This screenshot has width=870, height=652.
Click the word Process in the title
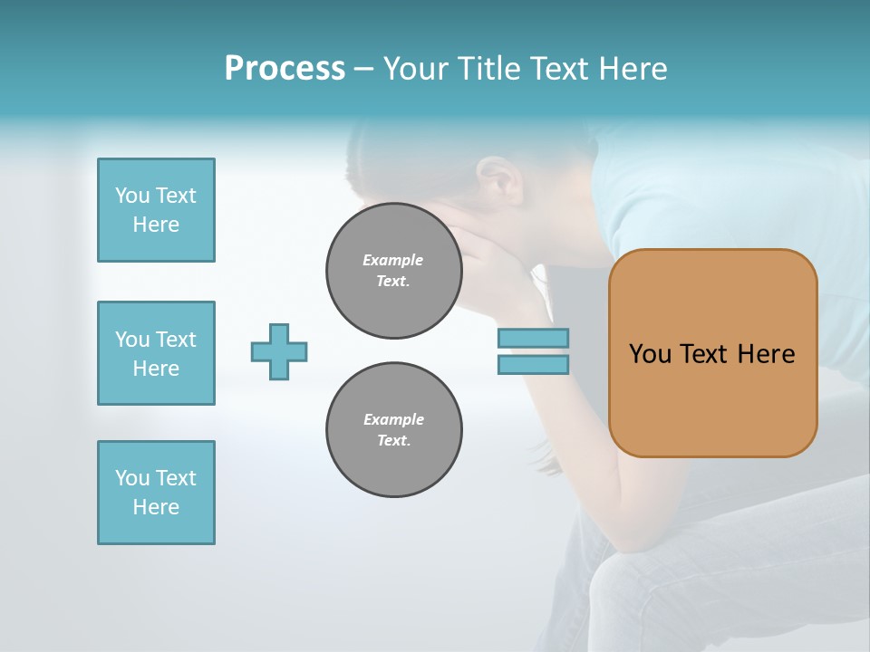click(x=285, y=69)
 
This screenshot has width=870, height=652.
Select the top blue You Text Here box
click(x=156, y=210)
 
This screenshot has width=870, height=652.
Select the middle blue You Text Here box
click(x=156, y=353)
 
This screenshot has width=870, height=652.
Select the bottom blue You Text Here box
click(x=156, y=493)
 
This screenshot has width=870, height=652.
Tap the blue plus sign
click(x=279, y=351)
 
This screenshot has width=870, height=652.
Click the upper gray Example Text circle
click(x=394, y=271)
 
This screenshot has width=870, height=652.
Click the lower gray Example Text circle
click(x=394, y=430)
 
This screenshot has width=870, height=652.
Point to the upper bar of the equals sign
click(x=533, y=338)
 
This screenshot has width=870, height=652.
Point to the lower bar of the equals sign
click(x=533, y=365)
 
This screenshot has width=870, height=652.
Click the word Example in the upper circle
click(x=392, y=260)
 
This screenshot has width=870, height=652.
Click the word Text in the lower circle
click(x=393, y=441)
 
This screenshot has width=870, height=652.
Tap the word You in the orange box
click(x=650, y=354)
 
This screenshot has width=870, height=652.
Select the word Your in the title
click(x=418, y=69)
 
